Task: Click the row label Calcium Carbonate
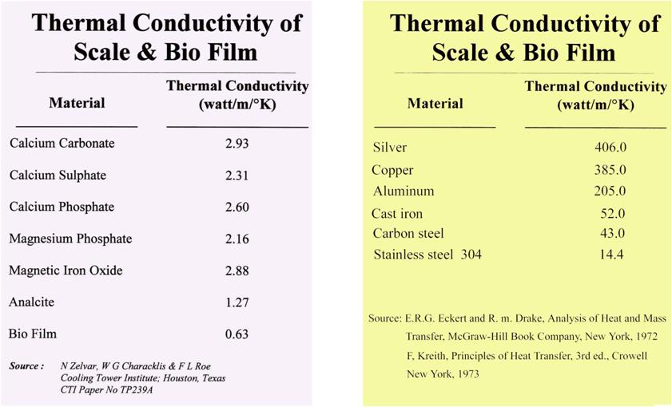tap(62, 144)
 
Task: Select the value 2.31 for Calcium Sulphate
tap(237, 175)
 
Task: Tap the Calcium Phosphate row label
tap(62, 207)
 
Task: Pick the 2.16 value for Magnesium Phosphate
tap(237, 239)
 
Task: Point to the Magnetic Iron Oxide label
tap(66, 271)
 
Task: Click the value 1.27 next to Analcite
tap(237, 302)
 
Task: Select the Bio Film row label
tap(33, 334)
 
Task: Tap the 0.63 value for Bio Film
tap(237, 334)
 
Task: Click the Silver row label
tap(390, 148)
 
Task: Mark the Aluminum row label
tap(404, 192)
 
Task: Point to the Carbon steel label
tap(408, 234)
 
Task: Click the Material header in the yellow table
tap(435, 104)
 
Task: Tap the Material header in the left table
tap(77, 103)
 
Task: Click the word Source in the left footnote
tap(25, 366)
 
